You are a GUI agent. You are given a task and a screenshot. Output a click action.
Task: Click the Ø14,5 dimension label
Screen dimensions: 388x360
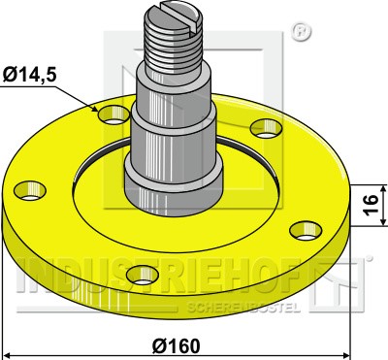pyautogui.click(x=30, y=75)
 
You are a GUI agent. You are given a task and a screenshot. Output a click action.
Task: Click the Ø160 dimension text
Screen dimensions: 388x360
pyautogui.click(x=177, y=346)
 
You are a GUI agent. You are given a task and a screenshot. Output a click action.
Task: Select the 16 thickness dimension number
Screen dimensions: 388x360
pyautogui.click(x=371, y=205)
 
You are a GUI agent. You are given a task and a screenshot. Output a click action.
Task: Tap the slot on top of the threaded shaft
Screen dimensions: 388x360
pyautogui.click(x=181, y=16)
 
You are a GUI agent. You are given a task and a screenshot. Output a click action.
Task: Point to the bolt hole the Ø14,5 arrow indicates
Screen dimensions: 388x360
pyautogui.click(x=113, y=115)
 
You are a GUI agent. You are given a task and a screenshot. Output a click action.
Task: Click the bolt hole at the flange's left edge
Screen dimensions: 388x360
pyautogui.click(x=30, y=190)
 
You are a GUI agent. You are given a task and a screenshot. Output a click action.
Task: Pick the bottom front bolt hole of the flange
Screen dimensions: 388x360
pyautogui.click(x=143, y=275)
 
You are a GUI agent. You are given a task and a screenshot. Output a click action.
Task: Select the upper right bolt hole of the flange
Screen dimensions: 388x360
pyautogui.click(x=266, y=128)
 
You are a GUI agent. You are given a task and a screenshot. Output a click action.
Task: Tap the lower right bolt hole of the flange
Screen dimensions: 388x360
pyautogui.click(x=306, y=231)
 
